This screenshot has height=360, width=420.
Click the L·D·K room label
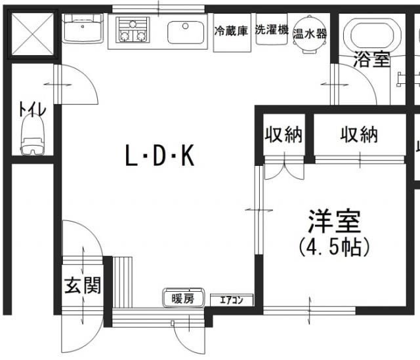[x=160, y=156]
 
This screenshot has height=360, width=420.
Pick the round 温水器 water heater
[x=310, y=33]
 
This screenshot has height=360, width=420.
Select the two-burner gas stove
[x=133, y=30]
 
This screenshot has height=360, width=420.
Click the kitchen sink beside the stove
[x=187, y=31]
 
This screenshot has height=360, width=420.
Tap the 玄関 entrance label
[x=82, y=286]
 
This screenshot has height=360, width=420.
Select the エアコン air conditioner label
[x=231, y=301]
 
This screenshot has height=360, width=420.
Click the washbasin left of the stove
[x=82, y=30]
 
